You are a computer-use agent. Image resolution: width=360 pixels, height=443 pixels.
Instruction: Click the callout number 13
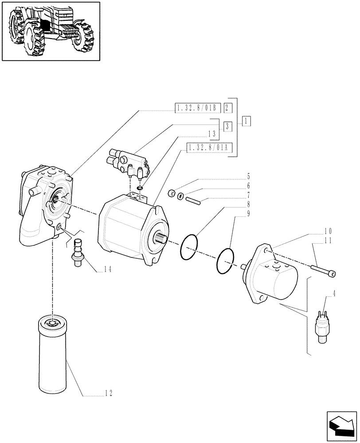pyautogui.click(x=212, y=133)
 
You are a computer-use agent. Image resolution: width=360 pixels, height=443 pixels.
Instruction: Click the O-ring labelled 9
pyautogui.click(x=226, y=261)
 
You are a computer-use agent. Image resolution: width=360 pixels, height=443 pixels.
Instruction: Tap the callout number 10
pyautogui.click(x=328, y=231)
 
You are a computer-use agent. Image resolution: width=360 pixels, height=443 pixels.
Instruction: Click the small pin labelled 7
pyautogui.click(x=194, y=200)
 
